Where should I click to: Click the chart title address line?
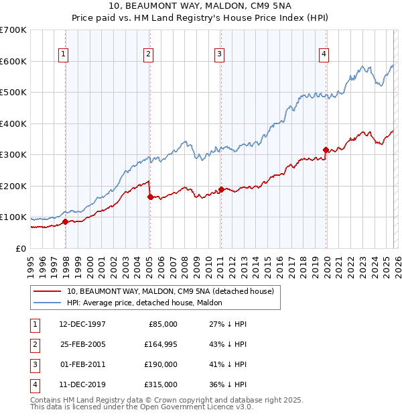point(200,7)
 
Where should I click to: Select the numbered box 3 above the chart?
point(219,55)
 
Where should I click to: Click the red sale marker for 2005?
point(150,197)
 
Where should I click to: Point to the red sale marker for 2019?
point(326,150)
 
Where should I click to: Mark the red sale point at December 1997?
point(65,221)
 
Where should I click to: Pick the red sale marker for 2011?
point(221,189)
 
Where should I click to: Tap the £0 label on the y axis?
point(21,248)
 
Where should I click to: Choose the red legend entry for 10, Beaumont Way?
point(170,291)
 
